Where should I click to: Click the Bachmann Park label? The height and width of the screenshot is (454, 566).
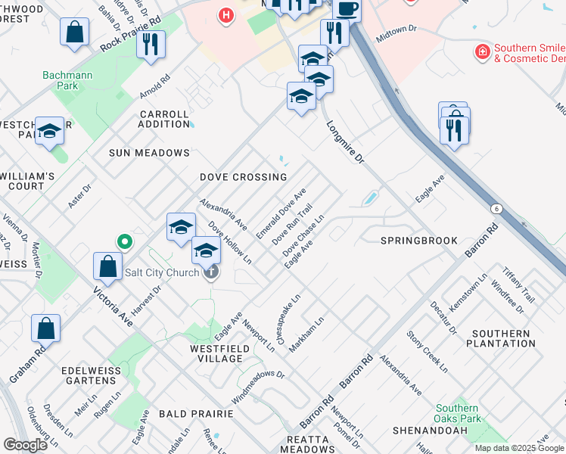coord(61,80)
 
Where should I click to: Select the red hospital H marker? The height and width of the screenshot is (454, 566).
coord(225,15)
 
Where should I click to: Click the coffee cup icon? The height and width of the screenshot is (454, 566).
coord(347,9)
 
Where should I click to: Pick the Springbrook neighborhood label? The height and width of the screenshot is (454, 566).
coord(418,241)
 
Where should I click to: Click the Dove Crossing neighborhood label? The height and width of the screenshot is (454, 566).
coord(243,177)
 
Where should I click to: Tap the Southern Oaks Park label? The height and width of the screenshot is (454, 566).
coord(458,413)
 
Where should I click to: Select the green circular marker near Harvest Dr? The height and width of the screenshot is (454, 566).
coord(125,242)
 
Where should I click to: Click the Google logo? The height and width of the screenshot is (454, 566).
coord(25,445)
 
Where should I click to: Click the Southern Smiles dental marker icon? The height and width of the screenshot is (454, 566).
coord(481,52)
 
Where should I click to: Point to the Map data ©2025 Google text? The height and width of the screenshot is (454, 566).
coord(519,448)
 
